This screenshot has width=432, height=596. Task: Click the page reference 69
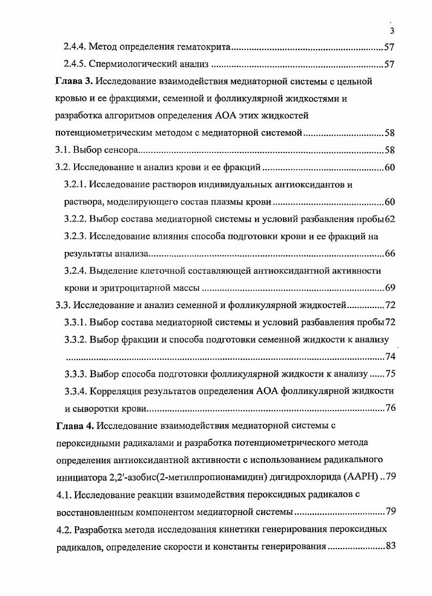(390, 287)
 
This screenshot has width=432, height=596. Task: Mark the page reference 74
(390, 357)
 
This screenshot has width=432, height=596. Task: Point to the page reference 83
(390, 546)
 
